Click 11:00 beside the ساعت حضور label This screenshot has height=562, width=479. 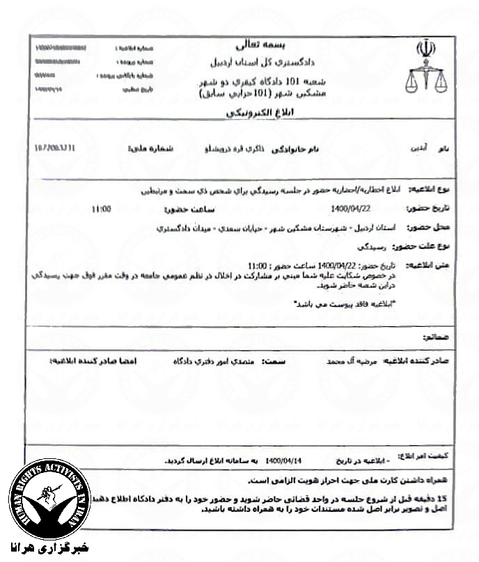[x=102, y=208]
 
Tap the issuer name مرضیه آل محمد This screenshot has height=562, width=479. [x=346, y=362]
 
